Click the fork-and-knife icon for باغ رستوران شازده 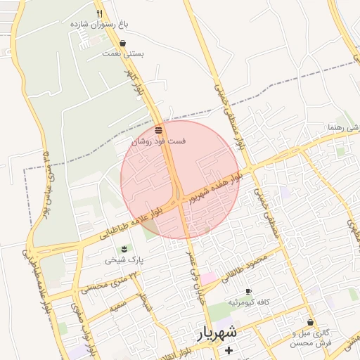click(x=99, y=13)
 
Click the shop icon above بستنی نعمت click(x=123, y=43)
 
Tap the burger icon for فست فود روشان click(x=159, y=130)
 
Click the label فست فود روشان click(x=159, y=141)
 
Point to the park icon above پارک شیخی click(x=124, y=249)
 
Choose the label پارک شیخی click(x=124, y=259)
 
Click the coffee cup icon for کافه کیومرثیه click(x=247, y=291)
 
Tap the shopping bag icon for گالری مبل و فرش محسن click(x=310, y=322)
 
